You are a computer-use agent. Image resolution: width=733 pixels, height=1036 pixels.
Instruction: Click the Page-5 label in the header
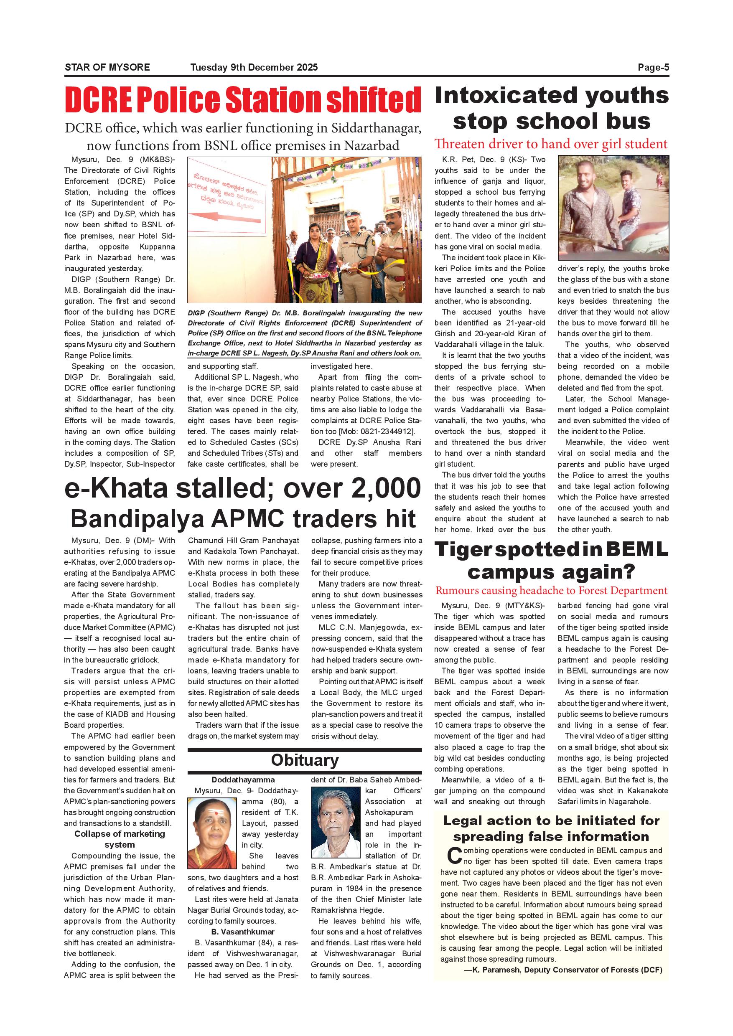tap(653, 68)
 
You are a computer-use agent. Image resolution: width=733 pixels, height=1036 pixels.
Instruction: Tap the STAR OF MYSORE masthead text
tap(107, 68)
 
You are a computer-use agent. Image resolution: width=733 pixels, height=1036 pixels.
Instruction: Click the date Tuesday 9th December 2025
tap(254, 68)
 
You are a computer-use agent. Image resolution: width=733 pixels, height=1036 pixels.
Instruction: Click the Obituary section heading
tap(305, 760)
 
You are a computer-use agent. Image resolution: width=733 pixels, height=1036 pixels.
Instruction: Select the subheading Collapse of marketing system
tap(120, 839)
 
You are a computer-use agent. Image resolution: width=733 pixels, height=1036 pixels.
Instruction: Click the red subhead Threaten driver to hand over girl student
tap(551, 144)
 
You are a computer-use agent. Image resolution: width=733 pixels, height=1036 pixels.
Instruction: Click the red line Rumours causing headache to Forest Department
tap(551, 591)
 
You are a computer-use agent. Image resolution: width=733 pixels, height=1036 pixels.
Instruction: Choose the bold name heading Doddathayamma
tap(243, 780)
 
